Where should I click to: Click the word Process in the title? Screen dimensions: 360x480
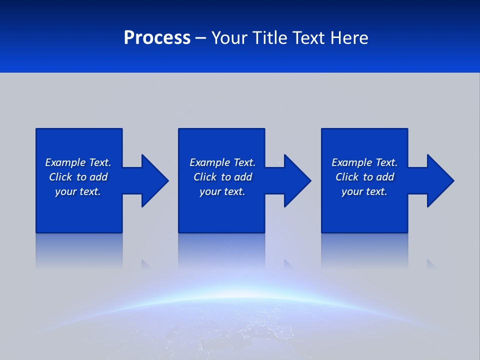pos(157,37)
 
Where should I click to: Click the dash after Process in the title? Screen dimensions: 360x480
pos(200,38)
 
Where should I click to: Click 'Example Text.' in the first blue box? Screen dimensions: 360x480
pos(78,162)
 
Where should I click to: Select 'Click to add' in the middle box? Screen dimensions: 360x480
pos(222,177)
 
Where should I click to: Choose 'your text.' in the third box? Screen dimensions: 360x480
pos(364,191)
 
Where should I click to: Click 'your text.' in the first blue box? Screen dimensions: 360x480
pos(78,191)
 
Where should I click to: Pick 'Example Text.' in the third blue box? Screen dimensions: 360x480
pos(364,162)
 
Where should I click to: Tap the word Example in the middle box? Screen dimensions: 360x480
pos(209,162)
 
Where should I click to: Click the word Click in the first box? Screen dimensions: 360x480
pos(60,177)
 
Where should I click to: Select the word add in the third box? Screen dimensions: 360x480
pos(385,177)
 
